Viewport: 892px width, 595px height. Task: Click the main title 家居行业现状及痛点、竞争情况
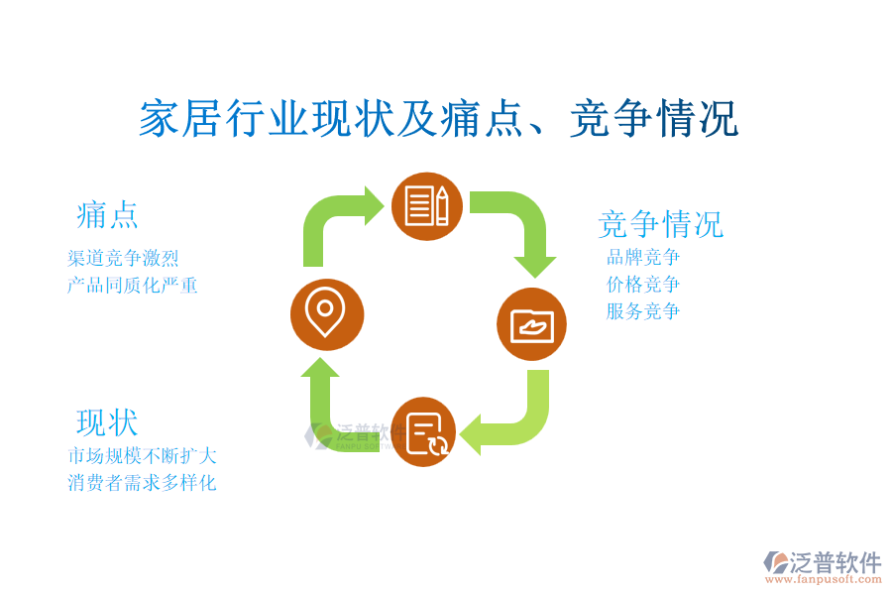pos(439,118)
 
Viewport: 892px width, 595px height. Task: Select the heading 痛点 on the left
pos(107,215)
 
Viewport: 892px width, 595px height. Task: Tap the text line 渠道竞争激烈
pos(123,258)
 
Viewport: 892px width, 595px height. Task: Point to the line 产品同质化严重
pos(132,285)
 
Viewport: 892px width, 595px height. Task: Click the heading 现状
pos(107,422)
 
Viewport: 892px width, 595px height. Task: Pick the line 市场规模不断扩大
pos(142,455)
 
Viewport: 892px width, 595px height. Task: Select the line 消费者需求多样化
pos(142,483)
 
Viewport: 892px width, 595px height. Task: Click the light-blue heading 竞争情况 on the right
pos(660,224)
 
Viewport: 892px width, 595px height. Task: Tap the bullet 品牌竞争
pos(643,257)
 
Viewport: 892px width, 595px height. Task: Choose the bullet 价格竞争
pos(643,284)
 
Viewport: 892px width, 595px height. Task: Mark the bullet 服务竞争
pos(643,310)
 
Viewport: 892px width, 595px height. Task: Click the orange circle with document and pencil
pos(426,206)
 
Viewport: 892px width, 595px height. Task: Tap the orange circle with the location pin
pos(326,314)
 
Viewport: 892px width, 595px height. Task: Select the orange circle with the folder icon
pos(531,324)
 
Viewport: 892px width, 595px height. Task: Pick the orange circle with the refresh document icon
pos(424,431)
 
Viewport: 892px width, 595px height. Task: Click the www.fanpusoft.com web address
pos(823,579)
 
